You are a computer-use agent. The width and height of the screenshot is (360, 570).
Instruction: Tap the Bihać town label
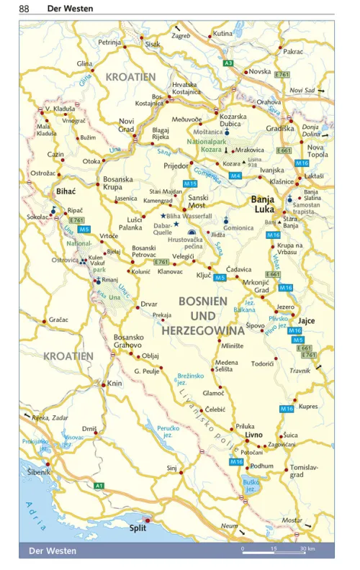coord(66,191)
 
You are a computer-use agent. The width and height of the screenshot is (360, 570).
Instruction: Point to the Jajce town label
coord(307,320)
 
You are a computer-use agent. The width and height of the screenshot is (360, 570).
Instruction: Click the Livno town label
coord(253,436)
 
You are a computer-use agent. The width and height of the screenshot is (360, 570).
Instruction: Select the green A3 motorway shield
coord(228,64)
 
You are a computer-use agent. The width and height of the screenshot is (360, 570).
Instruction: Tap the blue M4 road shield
coord(235,175)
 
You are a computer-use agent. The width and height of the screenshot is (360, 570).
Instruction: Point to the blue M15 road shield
coord(190,184)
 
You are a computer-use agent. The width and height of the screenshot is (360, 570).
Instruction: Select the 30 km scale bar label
coord(307,550)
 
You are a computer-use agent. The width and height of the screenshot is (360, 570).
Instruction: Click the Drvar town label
coord(148,304)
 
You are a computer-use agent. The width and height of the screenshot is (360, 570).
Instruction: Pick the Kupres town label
coord(308,407)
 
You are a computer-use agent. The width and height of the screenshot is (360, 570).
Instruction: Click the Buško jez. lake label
coord(251,486)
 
